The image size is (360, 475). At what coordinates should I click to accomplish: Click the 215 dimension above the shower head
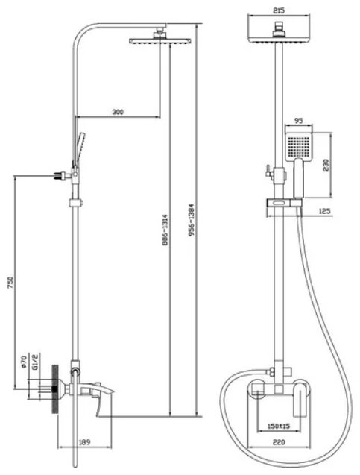tap(279, 10)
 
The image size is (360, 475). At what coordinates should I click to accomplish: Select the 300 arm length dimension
tap(118, 112)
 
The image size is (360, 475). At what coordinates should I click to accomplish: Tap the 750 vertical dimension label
tap(10, 282)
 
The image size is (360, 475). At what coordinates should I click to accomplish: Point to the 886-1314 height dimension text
tap(165, 230)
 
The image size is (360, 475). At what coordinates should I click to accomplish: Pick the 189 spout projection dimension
tap(84, 443)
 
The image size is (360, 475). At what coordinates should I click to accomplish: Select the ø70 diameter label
tap(24, 362)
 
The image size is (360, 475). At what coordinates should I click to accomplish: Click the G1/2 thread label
tap(35, 363)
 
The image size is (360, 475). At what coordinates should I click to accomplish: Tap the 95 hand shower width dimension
tap(298, 121)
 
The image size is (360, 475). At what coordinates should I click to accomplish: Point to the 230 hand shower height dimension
tap(326, 165)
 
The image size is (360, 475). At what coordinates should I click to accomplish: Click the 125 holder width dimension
tap(324, 211)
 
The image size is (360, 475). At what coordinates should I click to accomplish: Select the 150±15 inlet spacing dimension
tap(279, 427)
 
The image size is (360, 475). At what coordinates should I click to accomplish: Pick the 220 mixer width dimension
tap(279, 443)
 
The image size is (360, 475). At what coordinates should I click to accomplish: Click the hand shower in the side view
tap(79, 148)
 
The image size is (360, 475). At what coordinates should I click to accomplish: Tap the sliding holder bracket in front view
tap(284, 203)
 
